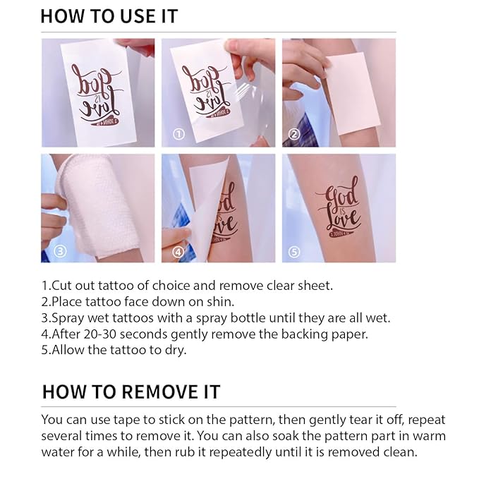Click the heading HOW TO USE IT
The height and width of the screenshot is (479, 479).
pos(109,16)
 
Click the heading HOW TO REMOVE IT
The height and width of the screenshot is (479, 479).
pos(131,392)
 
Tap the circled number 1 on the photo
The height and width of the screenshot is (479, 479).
pos(179,134)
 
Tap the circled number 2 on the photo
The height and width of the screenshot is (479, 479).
pos(294,134)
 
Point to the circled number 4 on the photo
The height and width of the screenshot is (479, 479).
pos(179,250)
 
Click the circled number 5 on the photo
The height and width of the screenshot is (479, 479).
pos(294,250)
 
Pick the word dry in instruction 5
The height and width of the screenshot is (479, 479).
pos(176,350)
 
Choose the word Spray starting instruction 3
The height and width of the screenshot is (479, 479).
pos(66,318)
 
